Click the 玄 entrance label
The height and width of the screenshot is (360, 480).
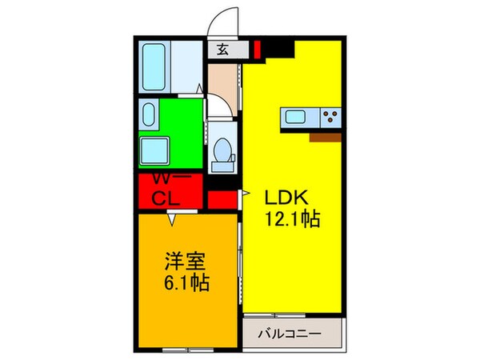(x=222, y=50)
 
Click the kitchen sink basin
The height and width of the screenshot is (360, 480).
(x=290, y=117)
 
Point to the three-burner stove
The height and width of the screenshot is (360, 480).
(x=329, y=117)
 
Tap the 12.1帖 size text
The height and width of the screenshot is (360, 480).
(x=289, y=218)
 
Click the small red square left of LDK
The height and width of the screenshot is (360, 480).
(x=222, y=198)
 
